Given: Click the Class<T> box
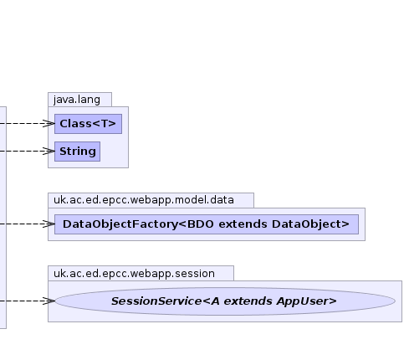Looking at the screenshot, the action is pyautogui.click(x=88, y=124).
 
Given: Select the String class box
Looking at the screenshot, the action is pyautogui.click(x=77, y=152).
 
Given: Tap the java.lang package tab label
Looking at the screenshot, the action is pyautogui.click(x=77, y=100).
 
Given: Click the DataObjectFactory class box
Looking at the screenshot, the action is pyautogui.click(x=207, y=224).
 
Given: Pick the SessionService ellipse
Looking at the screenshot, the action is pyautogui.click(x=225, y=301).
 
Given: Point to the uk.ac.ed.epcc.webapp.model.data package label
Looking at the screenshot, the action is pyautogui.click(x=144, y=200).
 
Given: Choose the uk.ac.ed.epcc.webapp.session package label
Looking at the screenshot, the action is pyautogui.click(x=134, y=274).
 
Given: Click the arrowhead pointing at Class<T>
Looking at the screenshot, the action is pyautogui.click(x=49, y=123).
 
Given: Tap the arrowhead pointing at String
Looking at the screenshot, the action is pyautogui.click(x=49, y=151).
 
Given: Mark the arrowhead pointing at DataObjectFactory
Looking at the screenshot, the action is pyautogui.click(x=49, y=224).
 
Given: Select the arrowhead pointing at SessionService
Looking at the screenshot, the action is pyautogui.click(x=49, y=301).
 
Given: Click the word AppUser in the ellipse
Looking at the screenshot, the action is pyautogui.click(x=307, y=301).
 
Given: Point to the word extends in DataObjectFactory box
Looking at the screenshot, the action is pyautogui.click(x=243, y=224).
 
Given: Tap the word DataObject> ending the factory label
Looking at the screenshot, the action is pyautogui.click(x=310, y=224).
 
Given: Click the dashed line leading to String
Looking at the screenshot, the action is pyautogui.click(x=24, y=151).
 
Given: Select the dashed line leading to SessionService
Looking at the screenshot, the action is pyautogui.click(x=24, y=301).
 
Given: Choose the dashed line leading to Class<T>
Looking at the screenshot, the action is pyautogui.click(x=24, y=123).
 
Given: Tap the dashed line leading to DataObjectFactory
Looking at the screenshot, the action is pyautogui.click(x=24, y=224).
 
